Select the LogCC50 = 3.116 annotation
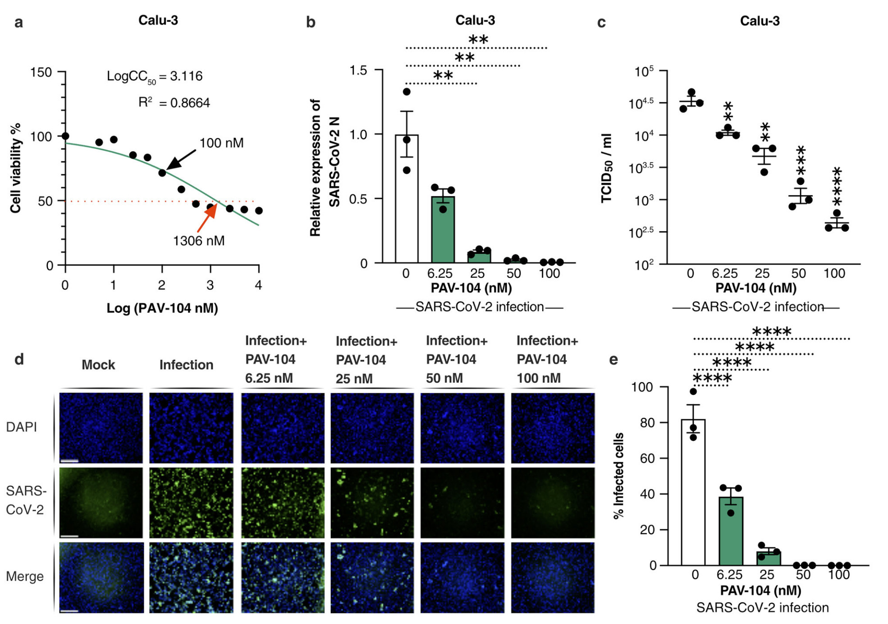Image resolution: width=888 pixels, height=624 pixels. click(x=155, y=77)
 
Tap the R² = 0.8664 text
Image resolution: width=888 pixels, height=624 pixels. click(x=174, y=103)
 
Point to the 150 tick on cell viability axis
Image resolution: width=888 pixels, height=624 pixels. click(x=41, y=72)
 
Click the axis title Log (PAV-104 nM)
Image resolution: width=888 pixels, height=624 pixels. click(x=162, y=308)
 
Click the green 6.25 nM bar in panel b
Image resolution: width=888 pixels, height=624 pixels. click(x=443, y=230)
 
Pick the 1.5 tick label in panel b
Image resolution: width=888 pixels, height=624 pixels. click(x=358, y=70)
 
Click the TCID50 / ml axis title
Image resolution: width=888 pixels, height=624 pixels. click(x=607, y=168)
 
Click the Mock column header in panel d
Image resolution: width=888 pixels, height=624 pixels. click(x=98, y=365)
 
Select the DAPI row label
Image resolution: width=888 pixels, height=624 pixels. click(x=21, y=427)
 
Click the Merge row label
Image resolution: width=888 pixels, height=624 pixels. click(x=25, y=576)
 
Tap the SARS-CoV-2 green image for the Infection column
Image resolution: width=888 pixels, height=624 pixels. click(x=192, y=502)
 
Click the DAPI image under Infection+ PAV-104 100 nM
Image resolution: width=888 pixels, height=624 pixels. click(x=553, y=427)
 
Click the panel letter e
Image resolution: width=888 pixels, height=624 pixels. click(x=613, y=360)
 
